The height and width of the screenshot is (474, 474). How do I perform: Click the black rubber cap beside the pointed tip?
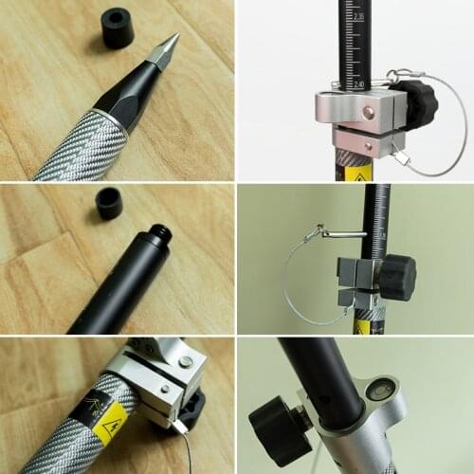(x=118, y=28)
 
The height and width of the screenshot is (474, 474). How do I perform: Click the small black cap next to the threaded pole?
(x=109, y=203)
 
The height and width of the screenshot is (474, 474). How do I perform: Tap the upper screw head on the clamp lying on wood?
(x=187, y=360)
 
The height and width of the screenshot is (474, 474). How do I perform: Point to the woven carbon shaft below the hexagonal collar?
(x=81, y=147)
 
